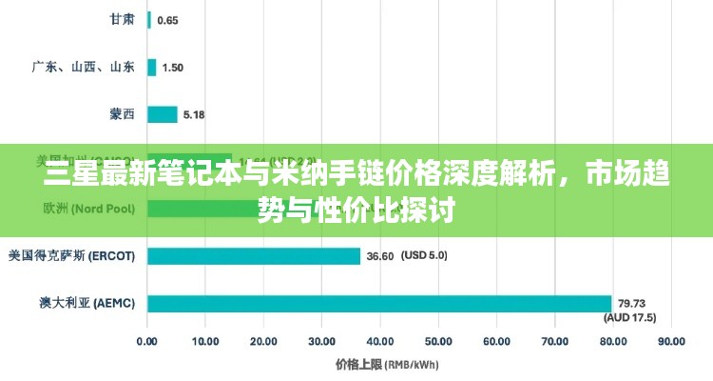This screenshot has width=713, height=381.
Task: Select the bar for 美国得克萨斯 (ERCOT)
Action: click(254, 256)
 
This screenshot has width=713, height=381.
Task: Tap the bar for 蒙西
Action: click(163, 114)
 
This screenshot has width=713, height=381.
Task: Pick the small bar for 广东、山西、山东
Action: click(152, 67)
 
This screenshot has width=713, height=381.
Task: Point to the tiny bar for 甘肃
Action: click(149, 20)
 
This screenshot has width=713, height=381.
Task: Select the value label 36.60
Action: click(380, 256)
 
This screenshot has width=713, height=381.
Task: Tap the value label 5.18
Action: click(194, 115)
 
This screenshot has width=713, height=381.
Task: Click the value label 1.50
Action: click(173, 68)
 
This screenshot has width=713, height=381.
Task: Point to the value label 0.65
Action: click(167, 20)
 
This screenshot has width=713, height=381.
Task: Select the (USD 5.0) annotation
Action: click(424, 255)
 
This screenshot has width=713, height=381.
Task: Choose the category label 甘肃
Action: click(122, 19)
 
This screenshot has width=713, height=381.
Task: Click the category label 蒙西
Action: click(122, 114)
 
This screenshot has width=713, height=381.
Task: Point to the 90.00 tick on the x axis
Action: click(670, 340)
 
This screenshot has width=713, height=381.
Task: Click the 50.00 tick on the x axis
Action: click(437, 340)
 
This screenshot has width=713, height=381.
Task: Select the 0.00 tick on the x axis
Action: click(147, 340)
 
